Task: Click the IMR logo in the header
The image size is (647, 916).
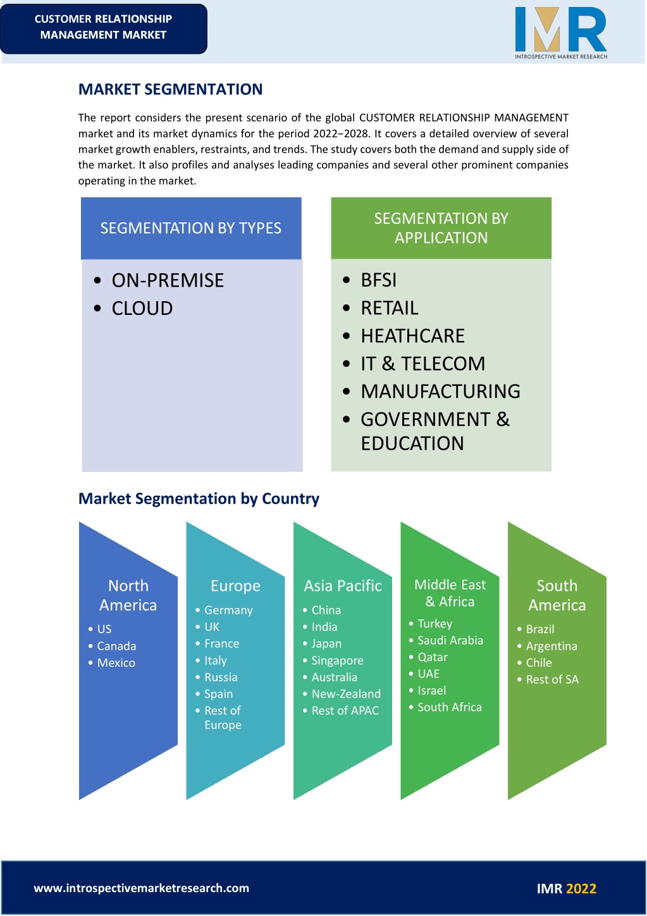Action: click(x=561, y=33)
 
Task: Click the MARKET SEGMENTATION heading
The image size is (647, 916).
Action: click(x=170, y=89)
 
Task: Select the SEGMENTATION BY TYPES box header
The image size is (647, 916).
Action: click(x=191, y=228)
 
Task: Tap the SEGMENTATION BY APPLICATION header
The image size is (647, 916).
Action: click(x=441, y=228)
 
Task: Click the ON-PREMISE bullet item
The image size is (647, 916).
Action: click(x=168, y=280)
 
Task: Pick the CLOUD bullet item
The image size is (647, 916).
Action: click(x=142, y=308)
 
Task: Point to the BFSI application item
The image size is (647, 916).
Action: click(x=378, y=280)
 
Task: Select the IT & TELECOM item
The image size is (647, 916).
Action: click(x=422, y=364)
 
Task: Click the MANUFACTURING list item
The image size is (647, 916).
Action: click(x=440, y=392)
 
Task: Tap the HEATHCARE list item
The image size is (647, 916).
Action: click(x=412, y=336)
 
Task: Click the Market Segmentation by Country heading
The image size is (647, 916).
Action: click(x=199, y=498)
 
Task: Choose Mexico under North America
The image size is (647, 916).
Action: click(x=116, y=662)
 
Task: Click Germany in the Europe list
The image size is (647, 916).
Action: click(x=228, y=610)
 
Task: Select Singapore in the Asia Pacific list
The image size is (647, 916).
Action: click(x=337, y=660)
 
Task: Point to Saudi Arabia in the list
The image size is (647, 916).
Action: click(x=450, y=640)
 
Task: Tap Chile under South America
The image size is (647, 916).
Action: click(x=539, y=662)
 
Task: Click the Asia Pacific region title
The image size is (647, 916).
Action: click(x=343, y=586)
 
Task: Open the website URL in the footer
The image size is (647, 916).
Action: click(x=142, y=888)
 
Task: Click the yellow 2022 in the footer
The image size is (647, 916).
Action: click(x=581, y=888)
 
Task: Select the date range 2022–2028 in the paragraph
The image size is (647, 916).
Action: click(x=342, y=133)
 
